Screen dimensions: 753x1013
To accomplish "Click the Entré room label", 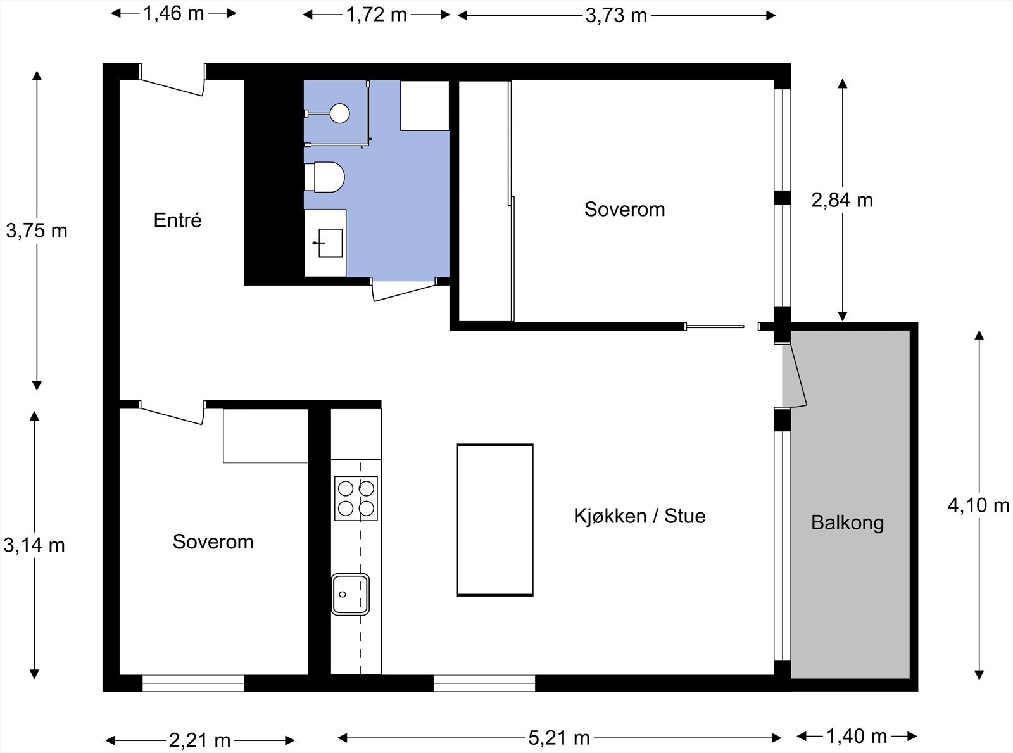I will [x=177, y=220].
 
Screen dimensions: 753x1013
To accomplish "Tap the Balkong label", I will [x=847, y=522].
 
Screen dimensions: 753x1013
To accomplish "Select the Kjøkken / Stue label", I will [x=639, y=516].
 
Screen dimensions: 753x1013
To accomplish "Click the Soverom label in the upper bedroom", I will [x=624, y=209].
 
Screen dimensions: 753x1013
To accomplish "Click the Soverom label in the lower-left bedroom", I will [x=213, y=541].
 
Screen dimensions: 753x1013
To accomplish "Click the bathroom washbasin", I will [x=329, y=243].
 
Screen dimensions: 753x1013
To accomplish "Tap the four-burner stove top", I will [x=356, y=498].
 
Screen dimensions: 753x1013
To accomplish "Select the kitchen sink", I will [x=350, y=593].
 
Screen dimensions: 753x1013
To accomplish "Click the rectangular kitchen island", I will [x=495, y=519].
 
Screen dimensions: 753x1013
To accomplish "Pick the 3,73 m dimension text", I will [x=616, y=15].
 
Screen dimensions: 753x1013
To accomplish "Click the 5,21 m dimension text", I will [x=558, y=737].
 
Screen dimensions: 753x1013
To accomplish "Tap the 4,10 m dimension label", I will [x=978, y=505].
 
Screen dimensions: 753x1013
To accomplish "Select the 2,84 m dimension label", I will [x=841, y=200].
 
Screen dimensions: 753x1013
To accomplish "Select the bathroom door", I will [x=404, y=291].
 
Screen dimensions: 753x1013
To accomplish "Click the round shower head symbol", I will [x=340, y=113].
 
